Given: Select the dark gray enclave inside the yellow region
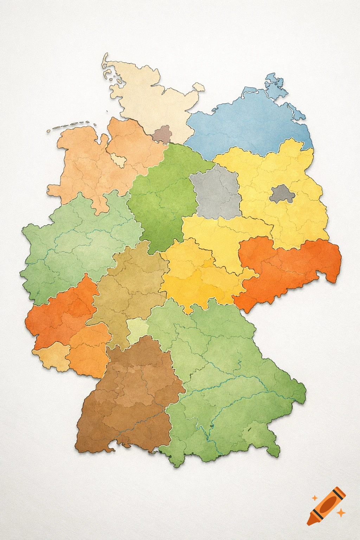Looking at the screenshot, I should tap(281, 193).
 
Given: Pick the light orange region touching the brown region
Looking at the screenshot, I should tap(88, 352).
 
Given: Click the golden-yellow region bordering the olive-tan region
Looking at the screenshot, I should tap(197, 274).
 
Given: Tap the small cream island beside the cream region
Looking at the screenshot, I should tap(199, 87).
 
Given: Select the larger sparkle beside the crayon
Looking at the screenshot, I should tap(340, 513).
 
